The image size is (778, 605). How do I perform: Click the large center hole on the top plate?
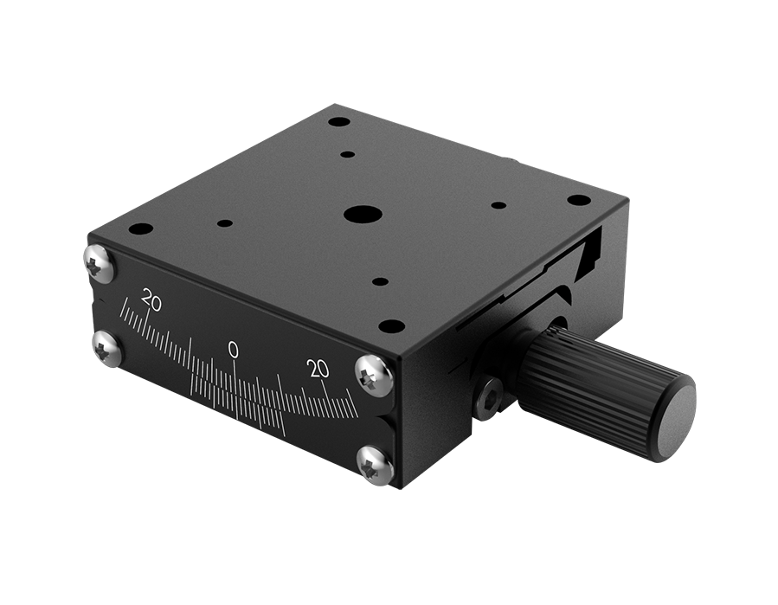click(x=362, y=214)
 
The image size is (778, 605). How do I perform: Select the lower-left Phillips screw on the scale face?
click(x=107, y=348)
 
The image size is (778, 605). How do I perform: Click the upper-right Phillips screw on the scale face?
click(x=374, y=374)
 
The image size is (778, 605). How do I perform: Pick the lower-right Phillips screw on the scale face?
click(x=375, y=464)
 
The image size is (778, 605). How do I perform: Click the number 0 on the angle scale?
click(x=233, y=349)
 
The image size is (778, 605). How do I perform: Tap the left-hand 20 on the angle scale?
click(x=151, y=302)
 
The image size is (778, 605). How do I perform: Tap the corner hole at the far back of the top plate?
click(x=339, y=122)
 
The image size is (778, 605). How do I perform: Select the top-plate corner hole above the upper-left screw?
click(x=140, y=229)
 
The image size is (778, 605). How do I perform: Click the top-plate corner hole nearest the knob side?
click(x=578, y=200)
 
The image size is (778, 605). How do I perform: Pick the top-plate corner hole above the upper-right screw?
click(x=391, y=326)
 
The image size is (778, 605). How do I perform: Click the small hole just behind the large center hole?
click(x=348, y=154)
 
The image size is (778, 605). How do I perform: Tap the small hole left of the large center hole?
click(x=225, y=223)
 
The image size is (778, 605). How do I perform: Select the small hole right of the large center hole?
click(x=498, y=205)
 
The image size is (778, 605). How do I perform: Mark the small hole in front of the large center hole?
click(x=380, y=282)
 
